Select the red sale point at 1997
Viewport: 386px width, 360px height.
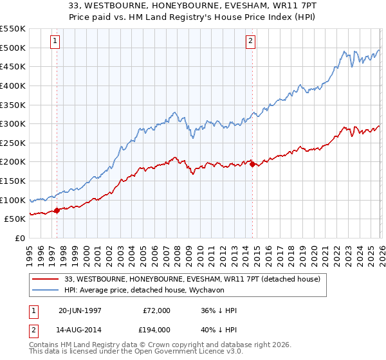pos(57,210)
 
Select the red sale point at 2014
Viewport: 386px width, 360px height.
pos(252,164)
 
